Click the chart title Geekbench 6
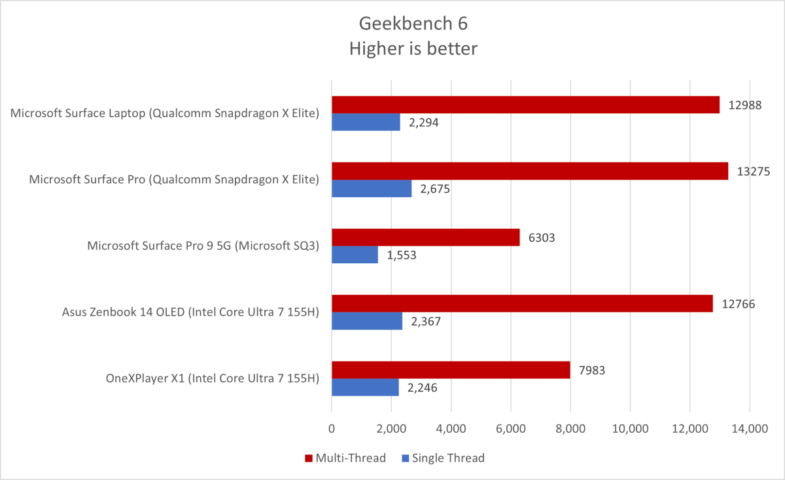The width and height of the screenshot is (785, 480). click(413, 24)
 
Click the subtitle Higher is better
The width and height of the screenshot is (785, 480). click(413, 48)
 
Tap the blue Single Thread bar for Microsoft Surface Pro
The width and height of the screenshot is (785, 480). click(372, 189)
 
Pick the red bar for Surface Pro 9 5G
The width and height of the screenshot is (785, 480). click(425, 237)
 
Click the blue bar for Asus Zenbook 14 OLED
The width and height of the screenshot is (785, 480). click(367, 321)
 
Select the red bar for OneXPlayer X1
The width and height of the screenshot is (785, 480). click(451, 369)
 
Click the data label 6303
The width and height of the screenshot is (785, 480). click(542, 238)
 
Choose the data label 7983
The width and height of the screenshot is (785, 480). click(591, 370)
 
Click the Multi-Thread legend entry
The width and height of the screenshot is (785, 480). click(345, 458)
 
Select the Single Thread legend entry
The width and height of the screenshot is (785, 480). click(442, 458)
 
